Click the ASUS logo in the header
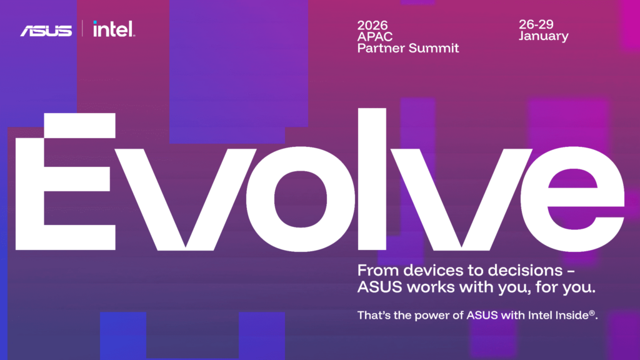pos(46,31)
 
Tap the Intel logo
pos(114,29)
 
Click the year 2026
pos(372,25)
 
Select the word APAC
pos(375,37)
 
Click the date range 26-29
pos(536,24)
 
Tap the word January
pos(543,36)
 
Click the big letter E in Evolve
pos(65,182)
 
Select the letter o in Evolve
pos(301,199)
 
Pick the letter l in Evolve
pos(372,179)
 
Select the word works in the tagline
pos(431,287)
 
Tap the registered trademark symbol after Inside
pos(592,312)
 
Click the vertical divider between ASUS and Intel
pos(82,29)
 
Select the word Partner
pos(381,48)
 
